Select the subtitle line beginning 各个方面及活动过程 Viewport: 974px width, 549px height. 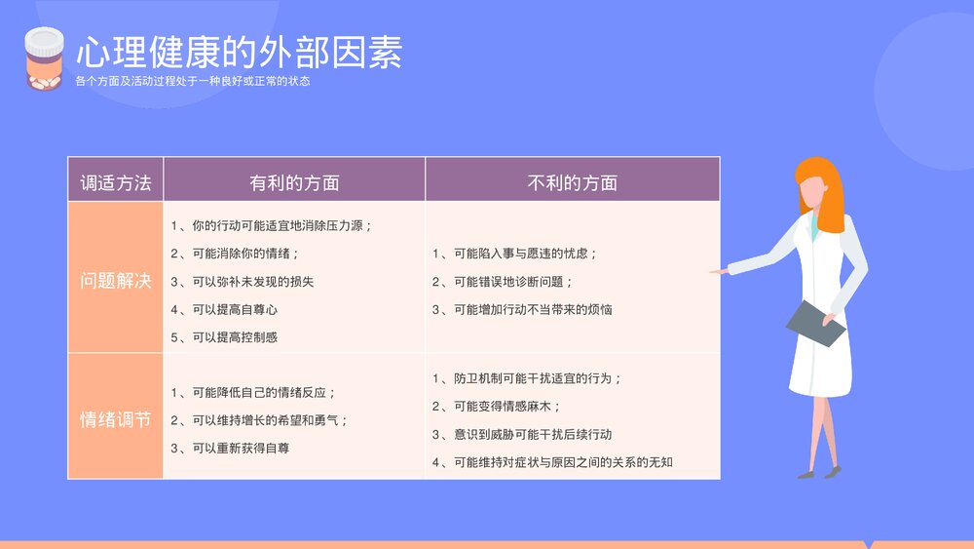click(x=193, y=81)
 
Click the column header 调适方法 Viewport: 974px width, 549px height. click(x=116, y=182)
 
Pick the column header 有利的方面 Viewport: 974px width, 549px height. click(x=294, y=182)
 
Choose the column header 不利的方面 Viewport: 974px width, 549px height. click(x=573, y=182)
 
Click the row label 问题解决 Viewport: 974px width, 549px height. click(x=116, y=281)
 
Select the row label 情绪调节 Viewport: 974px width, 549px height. click(x=116, y=420)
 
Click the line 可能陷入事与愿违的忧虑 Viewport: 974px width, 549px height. click(x=514, y=254)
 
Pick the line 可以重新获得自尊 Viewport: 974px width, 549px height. click(x=230, y=449)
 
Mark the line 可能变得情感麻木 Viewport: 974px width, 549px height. click(x=497, y=407)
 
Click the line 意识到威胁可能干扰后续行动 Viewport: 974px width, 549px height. click(x=522, y=434)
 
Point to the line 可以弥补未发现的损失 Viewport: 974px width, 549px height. click(x=242, y=282)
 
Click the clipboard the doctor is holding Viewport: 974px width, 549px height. click(x=816, y=323)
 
